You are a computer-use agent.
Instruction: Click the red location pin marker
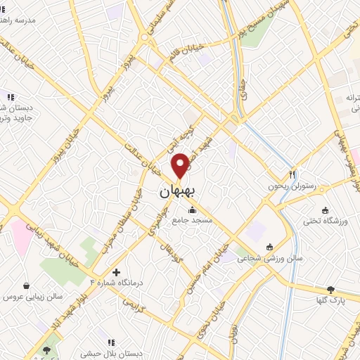click(181, 165)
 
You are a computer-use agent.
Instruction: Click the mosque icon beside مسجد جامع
click(192, 209)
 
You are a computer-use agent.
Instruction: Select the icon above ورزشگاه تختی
click(325, 210)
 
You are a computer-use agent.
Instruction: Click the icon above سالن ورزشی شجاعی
click(270, 246)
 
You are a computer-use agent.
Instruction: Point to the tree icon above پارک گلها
click(331, 289)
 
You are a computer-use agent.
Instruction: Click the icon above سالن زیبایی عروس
click(27, 286)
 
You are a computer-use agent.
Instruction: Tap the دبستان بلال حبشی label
click(103, 354)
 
